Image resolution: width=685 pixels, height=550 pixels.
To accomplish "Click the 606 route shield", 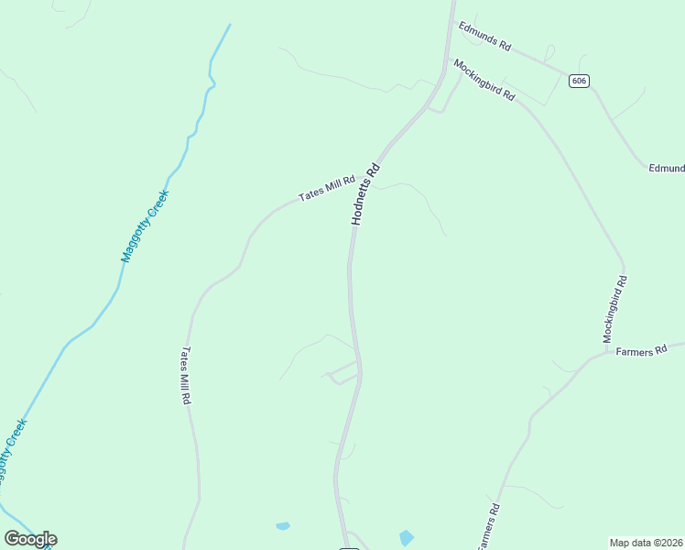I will pyautogui.click(x=578, y=81).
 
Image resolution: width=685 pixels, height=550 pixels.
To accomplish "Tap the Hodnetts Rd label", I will pyautogui.click(x=364, y=194).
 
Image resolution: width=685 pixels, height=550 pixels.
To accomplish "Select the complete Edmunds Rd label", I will pyautogui.click(x=484, y=36).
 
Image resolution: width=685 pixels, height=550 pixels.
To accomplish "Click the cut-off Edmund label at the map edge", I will pyautogui.click(x=667, y=169).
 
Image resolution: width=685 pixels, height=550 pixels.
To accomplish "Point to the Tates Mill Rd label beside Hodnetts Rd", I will pyautogui.click(x=327, y=190).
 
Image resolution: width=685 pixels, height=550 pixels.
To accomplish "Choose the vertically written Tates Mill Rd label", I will pyautogui.click(x=186, y=376).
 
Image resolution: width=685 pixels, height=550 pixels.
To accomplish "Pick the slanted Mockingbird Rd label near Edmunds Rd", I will pyautogui.click(x=484, y=81).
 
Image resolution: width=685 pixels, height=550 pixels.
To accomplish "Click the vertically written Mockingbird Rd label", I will pyautogui.click(x=614, y=310).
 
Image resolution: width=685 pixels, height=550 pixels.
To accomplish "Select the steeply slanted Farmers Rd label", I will pyautogui.click(x=486, y=526).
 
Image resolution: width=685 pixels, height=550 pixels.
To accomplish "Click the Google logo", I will pyautogui.click(x=31, y=539).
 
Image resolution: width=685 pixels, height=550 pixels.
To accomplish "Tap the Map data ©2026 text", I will pyautogui.click(x=647, y=543).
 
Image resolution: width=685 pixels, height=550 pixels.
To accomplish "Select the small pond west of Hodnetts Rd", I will pyautogui.click(x=283, y=526).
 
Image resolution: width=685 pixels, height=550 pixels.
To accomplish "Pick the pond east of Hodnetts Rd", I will pyautogui.click(x=407, y=538).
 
